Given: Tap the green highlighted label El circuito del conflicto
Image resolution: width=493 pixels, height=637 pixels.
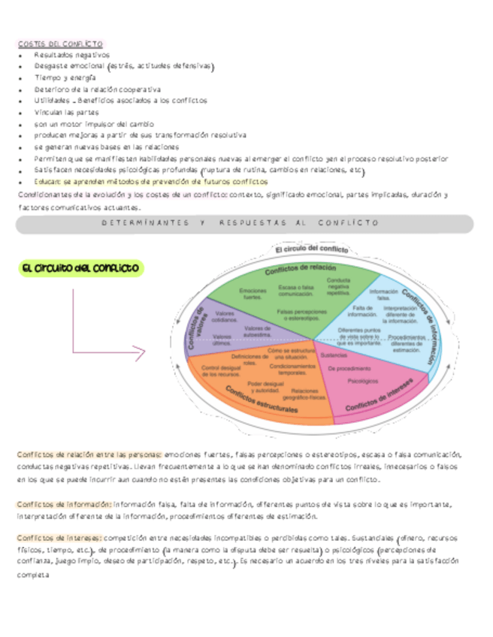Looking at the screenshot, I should click(x=80, y=268).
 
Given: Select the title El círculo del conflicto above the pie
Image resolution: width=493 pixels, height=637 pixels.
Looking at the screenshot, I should click(x=310, y=249).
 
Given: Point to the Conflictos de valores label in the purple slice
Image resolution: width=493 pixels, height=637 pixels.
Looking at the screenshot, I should click(x=198, y=328).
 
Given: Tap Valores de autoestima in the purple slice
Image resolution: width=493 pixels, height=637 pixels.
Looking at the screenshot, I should click(x=258, y=331).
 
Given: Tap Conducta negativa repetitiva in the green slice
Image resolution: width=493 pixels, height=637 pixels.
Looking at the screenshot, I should click(x=338, y=286).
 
